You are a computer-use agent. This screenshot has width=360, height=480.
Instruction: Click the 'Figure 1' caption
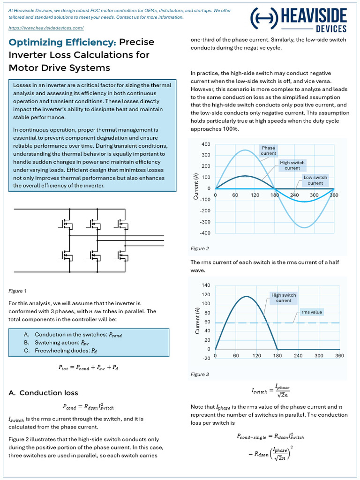pos(18,291)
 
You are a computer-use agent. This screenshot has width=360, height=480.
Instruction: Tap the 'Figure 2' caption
pos(200,248)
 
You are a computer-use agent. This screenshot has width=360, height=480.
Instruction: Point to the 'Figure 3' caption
pos(200,375)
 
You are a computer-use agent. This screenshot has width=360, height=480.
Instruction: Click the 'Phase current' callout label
pos(269,150)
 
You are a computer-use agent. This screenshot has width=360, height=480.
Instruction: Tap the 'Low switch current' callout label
pos(315,180)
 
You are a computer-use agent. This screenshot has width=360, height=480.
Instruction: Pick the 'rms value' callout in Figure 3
pos(312,312)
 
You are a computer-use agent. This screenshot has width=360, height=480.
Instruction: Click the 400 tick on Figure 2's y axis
pos(205,144)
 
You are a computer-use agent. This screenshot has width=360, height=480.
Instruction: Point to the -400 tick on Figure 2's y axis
pos(204,233)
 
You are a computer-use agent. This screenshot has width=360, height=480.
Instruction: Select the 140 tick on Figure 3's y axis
pos(205,285)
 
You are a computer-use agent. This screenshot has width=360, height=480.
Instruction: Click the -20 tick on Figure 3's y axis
pos(205,358)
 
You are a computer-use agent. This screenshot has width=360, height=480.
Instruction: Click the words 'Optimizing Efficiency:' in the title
pos(62,43)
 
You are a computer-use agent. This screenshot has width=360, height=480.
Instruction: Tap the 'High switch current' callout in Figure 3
pos(284,298)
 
